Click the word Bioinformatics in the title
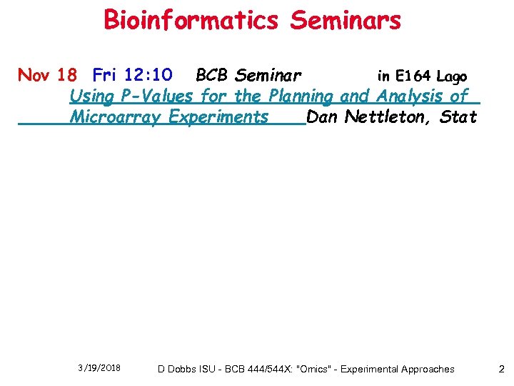click(191, 20)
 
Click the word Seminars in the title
click(346, 20)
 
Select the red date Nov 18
click(46, 75)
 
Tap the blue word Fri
click(106, 75)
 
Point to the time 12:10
click(148, 75)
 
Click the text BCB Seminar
click(248, 75)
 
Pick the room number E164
click(412, 76)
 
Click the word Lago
click(452, 76)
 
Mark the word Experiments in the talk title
click(218, 117)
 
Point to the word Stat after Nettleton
click(458, 117)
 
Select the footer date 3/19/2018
click(99, 368)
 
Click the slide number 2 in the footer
click(501, 369)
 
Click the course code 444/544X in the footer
click(260, 369)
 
